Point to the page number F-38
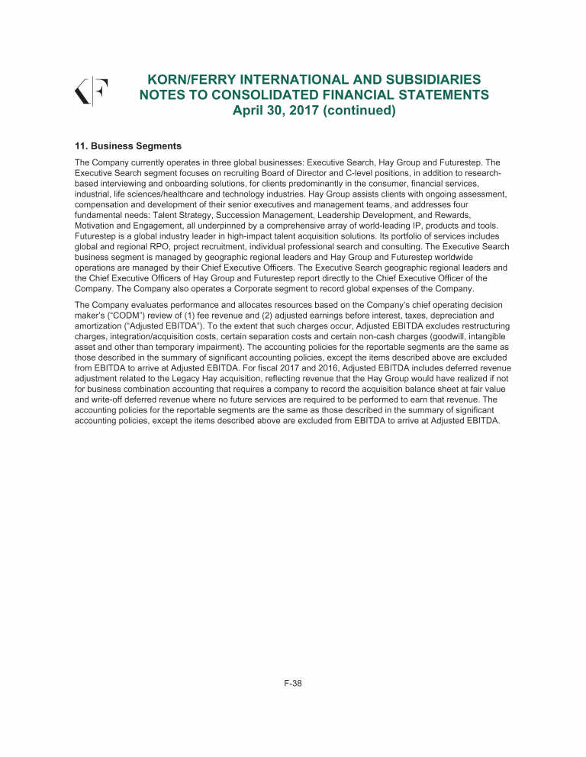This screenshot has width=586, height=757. click(293, 683)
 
